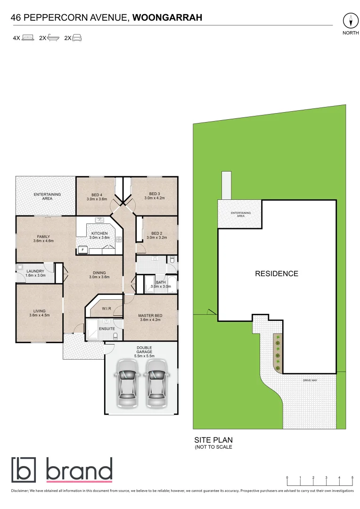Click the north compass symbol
(350, 21)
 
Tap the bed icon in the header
(28, 38)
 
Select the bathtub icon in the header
(52, 38)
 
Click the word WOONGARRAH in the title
(167, 18)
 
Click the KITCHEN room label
(99, 233)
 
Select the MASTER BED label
(150, 316)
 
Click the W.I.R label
(107, 309)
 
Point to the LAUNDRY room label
(35, 271)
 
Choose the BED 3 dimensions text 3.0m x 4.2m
(154, 198)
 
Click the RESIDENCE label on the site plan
(277, 273)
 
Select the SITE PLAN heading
(213, 439)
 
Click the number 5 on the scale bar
(352, 477)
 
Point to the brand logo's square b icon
(24, 469)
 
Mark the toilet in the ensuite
(116, 336)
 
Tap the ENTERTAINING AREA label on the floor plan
(46, 197)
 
